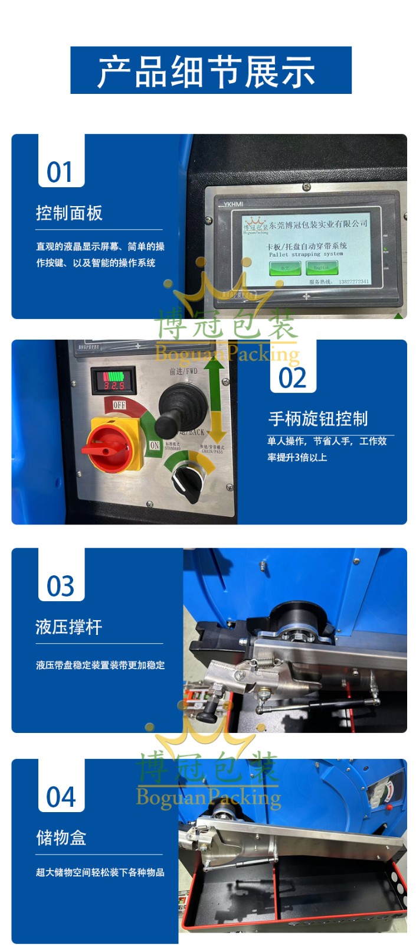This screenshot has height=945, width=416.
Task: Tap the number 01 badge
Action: (x=61, y=172)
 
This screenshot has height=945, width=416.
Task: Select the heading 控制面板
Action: (x=69, y=213)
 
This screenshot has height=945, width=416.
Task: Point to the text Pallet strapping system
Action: (x=306, y=254)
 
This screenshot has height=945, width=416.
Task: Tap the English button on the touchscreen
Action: (x=322, y=268)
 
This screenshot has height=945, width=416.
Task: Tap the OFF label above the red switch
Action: (x=119, y=405)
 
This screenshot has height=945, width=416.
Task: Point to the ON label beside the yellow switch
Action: (x=155, y=445)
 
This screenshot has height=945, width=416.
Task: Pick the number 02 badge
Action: (x=293, y=378)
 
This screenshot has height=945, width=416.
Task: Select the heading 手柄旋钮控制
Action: (x=318, y=419)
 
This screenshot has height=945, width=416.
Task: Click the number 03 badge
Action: (x=61, y=586)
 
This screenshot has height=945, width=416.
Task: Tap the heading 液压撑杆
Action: (x=69, y=627)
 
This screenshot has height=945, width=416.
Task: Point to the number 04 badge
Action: (x=61, y=797)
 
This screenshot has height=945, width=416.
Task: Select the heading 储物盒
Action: (x=61, y=838)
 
